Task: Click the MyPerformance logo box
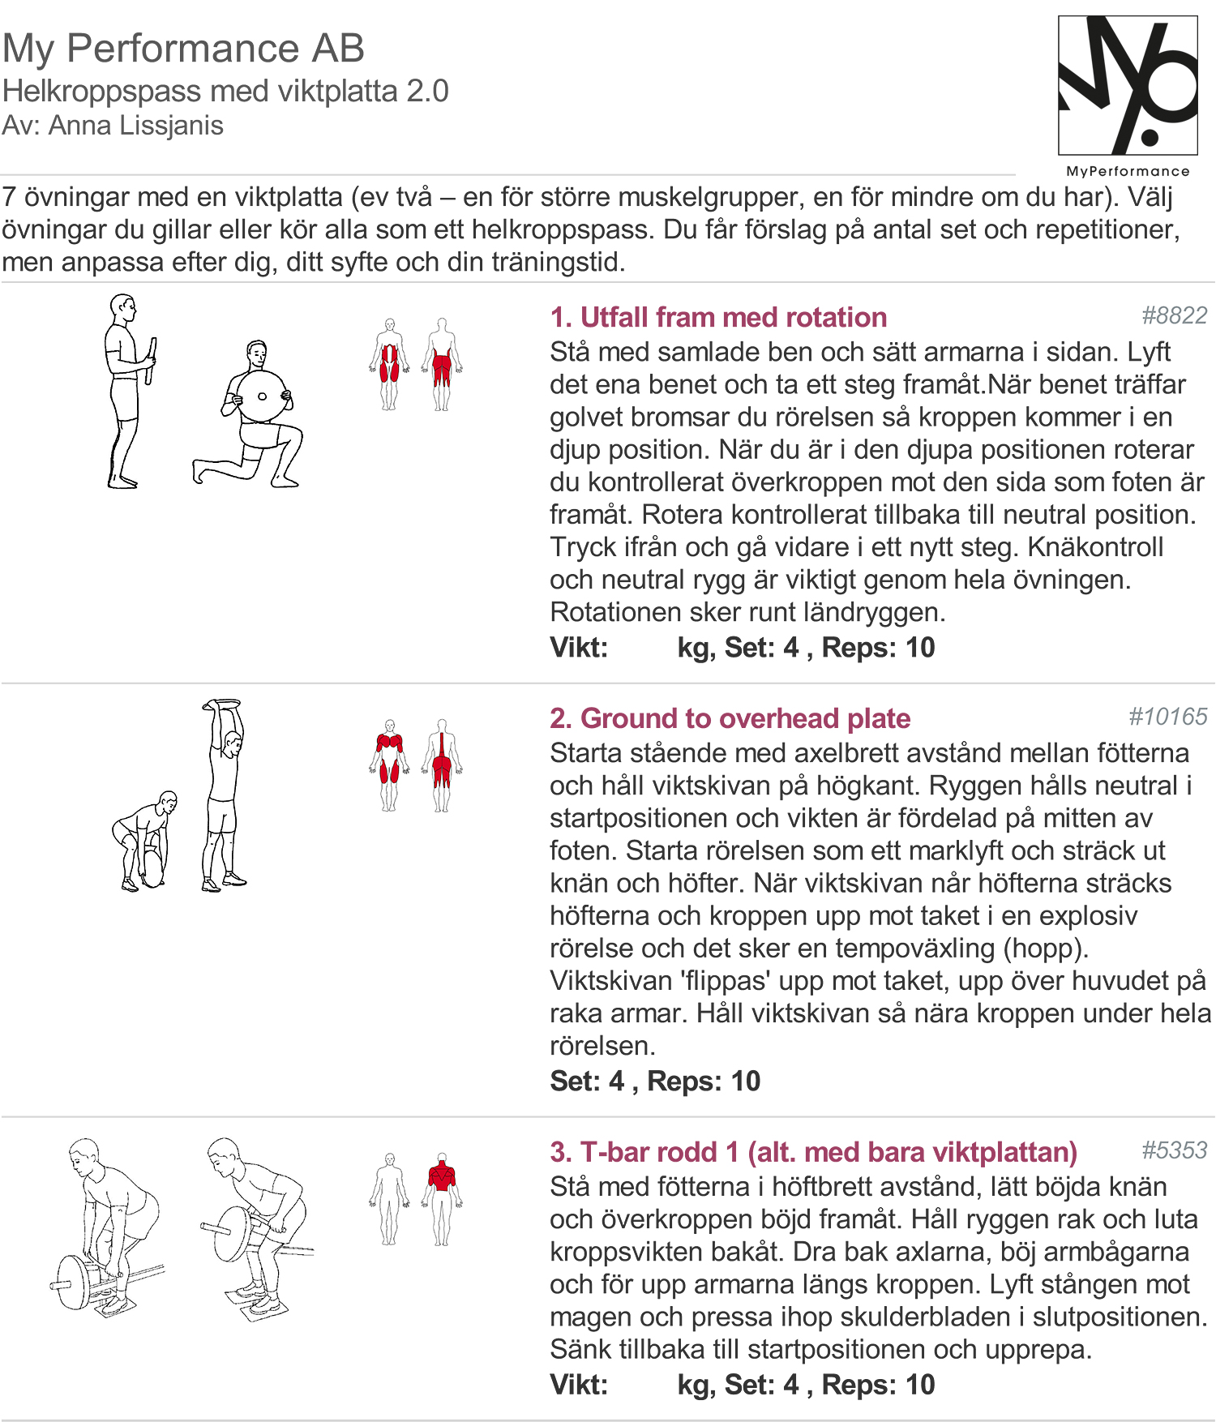click(1128, 85)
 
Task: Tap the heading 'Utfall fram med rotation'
click(734, 317)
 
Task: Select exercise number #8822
click(1174, 315)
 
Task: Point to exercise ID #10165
click(1167, 717)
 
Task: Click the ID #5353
click(1174, 1150)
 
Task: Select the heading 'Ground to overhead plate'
click(746, 718)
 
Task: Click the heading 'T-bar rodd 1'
click(660, 1152)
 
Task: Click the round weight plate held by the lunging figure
click(261, 396)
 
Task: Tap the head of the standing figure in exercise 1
click(123, 308)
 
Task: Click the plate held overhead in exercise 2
click(222, 703)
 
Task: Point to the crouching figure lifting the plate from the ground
click(144, 842)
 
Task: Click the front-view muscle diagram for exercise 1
click(390, 364)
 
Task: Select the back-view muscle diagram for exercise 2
click(442, 765)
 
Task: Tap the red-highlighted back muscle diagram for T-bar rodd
click(442, 1199)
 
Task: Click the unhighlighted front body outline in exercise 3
click(390, 1199)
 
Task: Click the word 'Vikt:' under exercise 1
click(579, 648)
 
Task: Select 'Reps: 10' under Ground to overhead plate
click(704, 1081)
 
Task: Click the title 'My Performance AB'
click(183, 48)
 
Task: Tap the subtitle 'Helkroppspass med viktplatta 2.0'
click(225, 91)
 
